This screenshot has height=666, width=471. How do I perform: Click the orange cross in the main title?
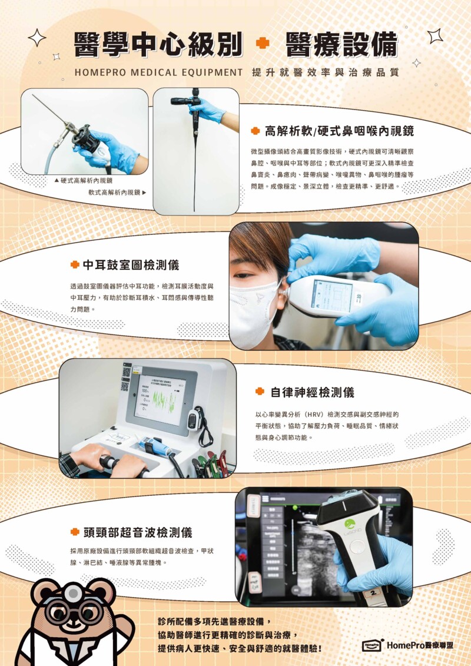(x=263, y=43)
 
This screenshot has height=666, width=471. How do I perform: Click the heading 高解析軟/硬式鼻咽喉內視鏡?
(x=339, y=131)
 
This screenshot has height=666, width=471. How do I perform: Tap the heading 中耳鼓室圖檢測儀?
(x=131, y=265)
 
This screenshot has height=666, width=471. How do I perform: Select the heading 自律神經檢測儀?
(x=312, y=392)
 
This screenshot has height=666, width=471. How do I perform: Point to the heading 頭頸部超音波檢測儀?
(x=138, y=532)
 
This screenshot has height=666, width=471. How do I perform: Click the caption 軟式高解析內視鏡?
(x=117, y=193)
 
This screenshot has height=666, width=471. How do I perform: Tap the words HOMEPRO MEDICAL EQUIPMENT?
(x=158, y=72)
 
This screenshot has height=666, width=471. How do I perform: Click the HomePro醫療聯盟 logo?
(x=408, y=645)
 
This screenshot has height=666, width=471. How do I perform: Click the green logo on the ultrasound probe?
(x=350, y=524)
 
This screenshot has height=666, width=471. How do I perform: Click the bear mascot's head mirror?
(x=74, y=592)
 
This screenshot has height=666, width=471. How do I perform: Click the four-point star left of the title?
(x=37, y=37)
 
